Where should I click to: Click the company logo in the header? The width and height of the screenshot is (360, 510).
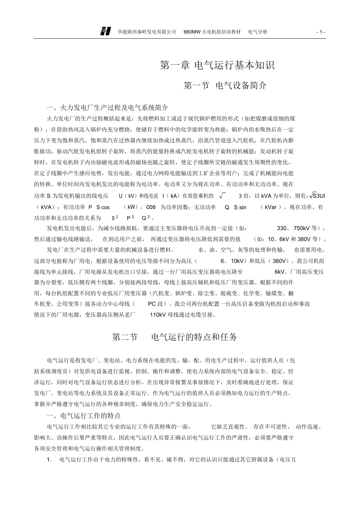click(106, 32)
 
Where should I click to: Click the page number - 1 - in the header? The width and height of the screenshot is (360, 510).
click(321, 32)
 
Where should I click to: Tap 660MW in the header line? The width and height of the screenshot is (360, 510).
click(192, 32)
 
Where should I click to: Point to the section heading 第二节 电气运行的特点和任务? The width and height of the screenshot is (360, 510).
click(175, 337)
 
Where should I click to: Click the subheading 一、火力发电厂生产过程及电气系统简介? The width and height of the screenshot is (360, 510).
click(107, 108)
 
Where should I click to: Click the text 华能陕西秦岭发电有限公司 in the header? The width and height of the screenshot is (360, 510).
click(147, 32)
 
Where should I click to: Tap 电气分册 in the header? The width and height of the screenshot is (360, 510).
click(258, 32)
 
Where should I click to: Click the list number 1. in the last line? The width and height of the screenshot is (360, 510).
click(49, 460)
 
